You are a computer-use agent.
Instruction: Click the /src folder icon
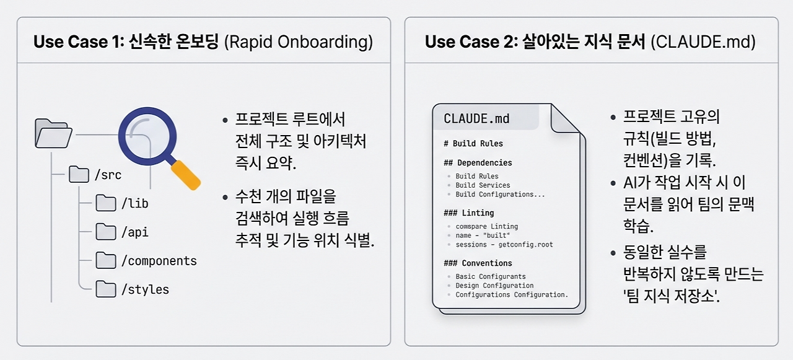coord(79,174)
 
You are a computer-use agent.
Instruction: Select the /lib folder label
coord(134,203)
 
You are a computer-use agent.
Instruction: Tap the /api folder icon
coord(106,232)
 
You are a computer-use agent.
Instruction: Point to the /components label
coord(159,261)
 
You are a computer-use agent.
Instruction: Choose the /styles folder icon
coord(106,289)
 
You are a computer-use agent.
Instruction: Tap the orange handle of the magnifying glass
coord(186,175)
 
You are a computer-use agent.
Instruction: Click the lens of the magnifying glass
coord(147,136)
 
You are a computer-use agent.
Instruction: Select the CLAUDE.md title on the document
coord(476,118)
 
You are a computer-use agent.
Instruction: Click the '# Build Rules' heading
coord(473,143)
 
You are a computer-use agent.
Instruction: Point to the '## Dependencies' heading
coord(478,163)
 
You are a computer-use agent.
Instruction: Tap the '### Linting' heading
coord(469,213)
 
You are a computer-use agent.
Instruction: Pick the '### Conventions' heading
coord(478,263)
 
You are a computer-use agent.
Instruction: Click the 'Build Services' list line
coord(483,185)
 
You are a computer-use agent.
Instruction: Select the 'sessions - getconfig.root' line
coord(504,245)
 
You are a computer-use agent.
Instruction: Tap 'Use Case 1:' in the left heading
coord(79,42)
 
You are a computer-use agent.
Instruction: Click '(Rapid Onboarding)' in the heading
coord(299,42)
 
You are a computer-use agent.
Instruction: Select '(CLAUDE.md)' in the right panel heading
coord(703,42)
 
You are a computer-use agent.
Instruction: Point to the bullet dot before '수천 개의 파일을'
coord(225,198)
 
